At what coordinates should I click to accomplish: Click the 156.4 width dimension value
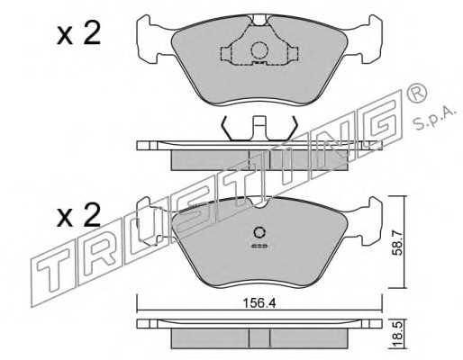(x=259, y=304)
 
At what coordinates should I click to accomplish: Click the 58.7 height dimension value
(x=398, y=242)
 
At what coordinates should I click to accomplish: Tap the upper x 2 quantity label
(x=78, y=34)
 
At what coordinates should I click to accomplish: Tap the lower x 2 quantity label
(x=78, y=215)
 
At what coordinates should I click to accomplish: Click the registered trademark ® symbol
(x=416, y=93)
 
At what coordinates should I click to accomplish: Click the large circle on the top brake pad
(x=259, y=50)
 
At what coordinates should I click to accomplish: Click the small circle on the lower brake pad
(x=259, y=232)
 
